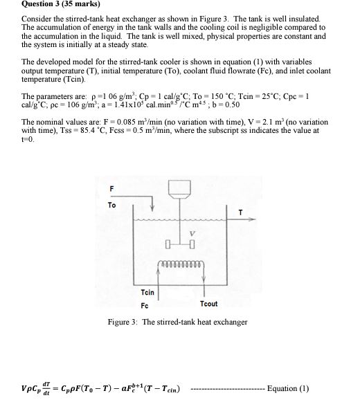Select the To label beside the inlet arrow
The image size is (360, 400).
click(111, 206)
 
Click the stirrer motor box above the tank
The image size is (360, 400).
click(183, 190)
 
